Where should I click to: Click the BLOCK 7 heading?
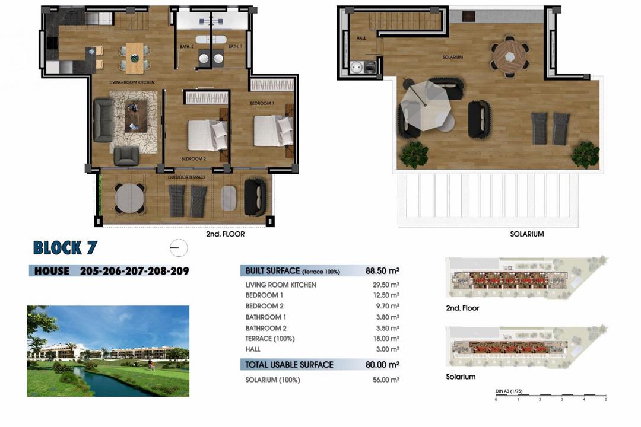[x=65, y=247]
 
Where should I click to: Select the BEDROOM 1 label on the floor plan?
[x=262, y=103]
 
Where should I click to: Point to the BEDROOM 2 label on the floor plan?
[x=193, y=158]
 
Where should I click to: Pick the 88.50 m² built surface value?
[x=382, y=271]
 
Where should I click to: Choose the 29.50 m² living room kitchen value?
[x=386, y=285]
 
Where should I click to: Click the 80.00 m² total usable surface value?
[x=382, y=365]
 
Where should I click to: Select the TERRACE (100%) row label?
[x=270, y=339]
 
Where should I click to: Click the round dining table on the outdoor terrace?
[x=129, y=197]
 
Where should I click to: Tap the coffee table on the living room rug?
[x=136, y=115]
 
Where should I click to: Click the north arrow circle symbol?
[x=178, y=247]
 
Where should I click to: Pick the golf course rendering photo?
[x=108, y=350]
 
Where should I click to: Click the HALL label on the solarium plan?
[x=361, y=38]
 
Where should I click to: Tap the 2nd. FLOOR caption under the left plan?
[x=225, y=234]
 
